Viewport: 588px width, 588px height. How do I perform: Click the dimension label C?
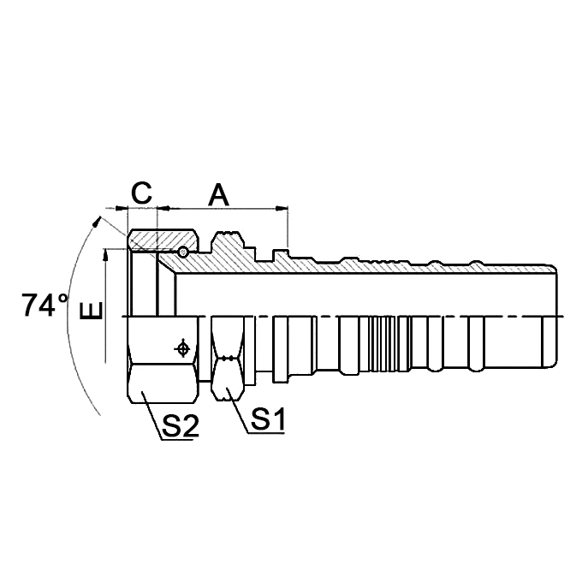[x=142, y=193]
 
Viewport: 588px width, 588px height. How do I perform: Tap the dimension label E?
[x=91, y=311]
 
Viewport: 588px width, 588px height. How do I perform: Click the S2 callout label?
[x=180, y=425]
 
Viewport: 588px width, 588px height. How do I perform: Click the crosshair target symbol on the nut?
[x=181, y=348]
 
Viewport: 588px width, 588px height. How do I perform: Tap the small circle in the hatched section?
[x=183, y=252]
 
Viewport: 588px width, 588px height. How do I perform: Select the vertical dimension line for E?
[x=105, y=291]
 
